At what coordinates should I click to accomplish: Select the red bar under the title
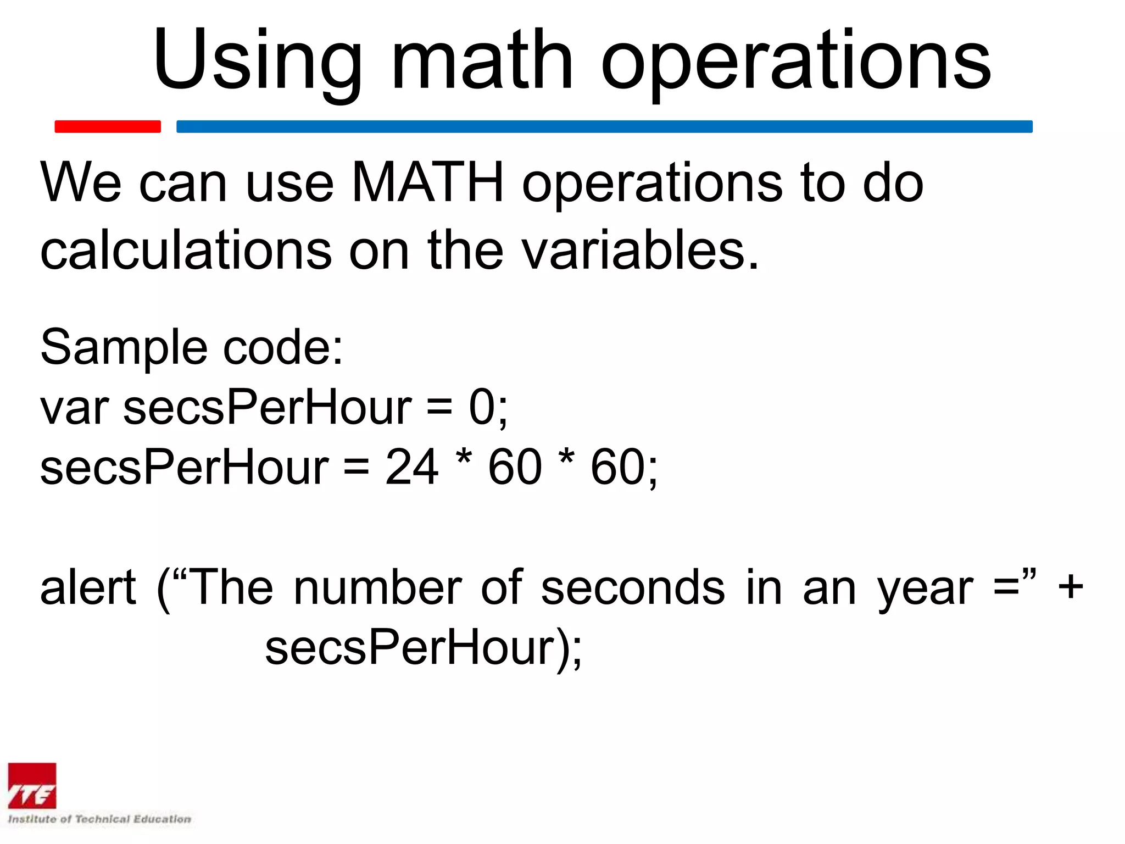[x=108, y=126]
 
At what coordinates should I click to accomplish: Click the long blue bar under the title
[x=604, y=126]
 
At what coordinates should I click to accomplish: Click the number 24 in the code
[x=411, y=467]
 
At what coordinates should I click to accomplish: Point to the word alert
[x=88, y=587]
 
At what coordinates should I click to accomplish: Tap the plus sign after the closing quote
[x=1071, y=587]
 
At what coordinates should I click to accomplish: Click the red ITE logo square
[x=32, y=786]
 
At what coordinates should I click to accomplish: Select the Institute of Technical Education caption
[x=99, y=819]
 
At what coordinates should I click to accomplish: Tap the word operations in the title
[x=796, y=60]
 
